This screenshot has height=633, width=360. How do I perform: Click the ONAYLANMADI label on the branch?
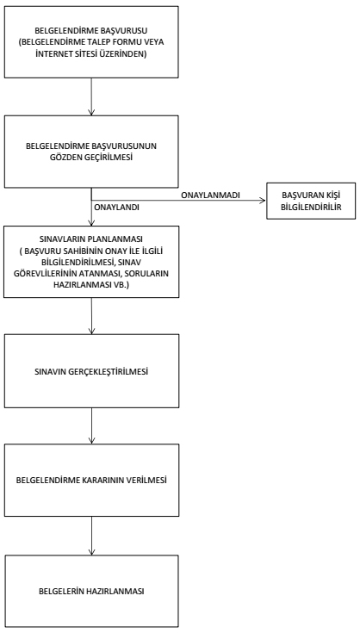tap(211, 195)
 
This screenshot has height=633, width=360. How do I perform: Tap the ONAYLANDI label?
tap(116, 208)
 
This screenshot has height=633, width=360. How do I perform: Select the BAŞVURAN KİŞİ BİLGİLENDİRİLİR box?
tap(311, 201)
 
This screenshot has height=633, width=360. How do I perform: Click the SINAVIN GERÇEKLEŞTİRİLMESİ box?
tap(91, 371)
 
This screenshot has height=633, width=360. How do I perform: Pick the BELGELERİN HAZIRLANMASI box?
tap(91, 592)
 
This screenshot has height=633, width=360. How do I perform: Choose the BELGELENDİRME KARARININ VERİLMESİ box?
tap(91, 481)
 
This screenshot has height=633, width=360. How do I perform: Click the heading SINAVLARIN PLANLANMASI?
tap(91, 239)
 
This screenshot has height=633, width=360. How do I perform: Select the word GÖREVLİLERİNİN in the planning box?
tap(45, 272)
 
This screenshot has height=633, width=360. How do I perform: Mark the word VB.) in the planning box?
tap(121, 284)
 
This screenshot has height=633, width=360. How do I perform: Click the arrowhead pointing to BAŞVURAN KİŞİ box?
tap(264, 201)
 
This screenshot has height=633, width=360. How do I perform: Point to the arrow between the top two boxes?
tap(91, 96)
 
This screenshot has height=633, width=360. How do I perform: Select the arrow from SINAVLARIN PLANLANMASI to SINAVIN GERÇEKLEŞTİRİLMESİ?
tap(91, 316)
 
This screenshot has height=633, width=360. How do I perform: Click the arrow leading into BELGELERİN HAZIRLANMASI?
tap(91, 536)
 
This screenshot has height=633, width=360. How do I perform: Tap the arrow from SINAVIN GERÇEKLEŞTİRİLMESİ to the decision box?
tap(91, 426)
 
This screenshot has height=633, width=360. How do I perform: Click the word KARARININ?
tap(109, 481)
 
